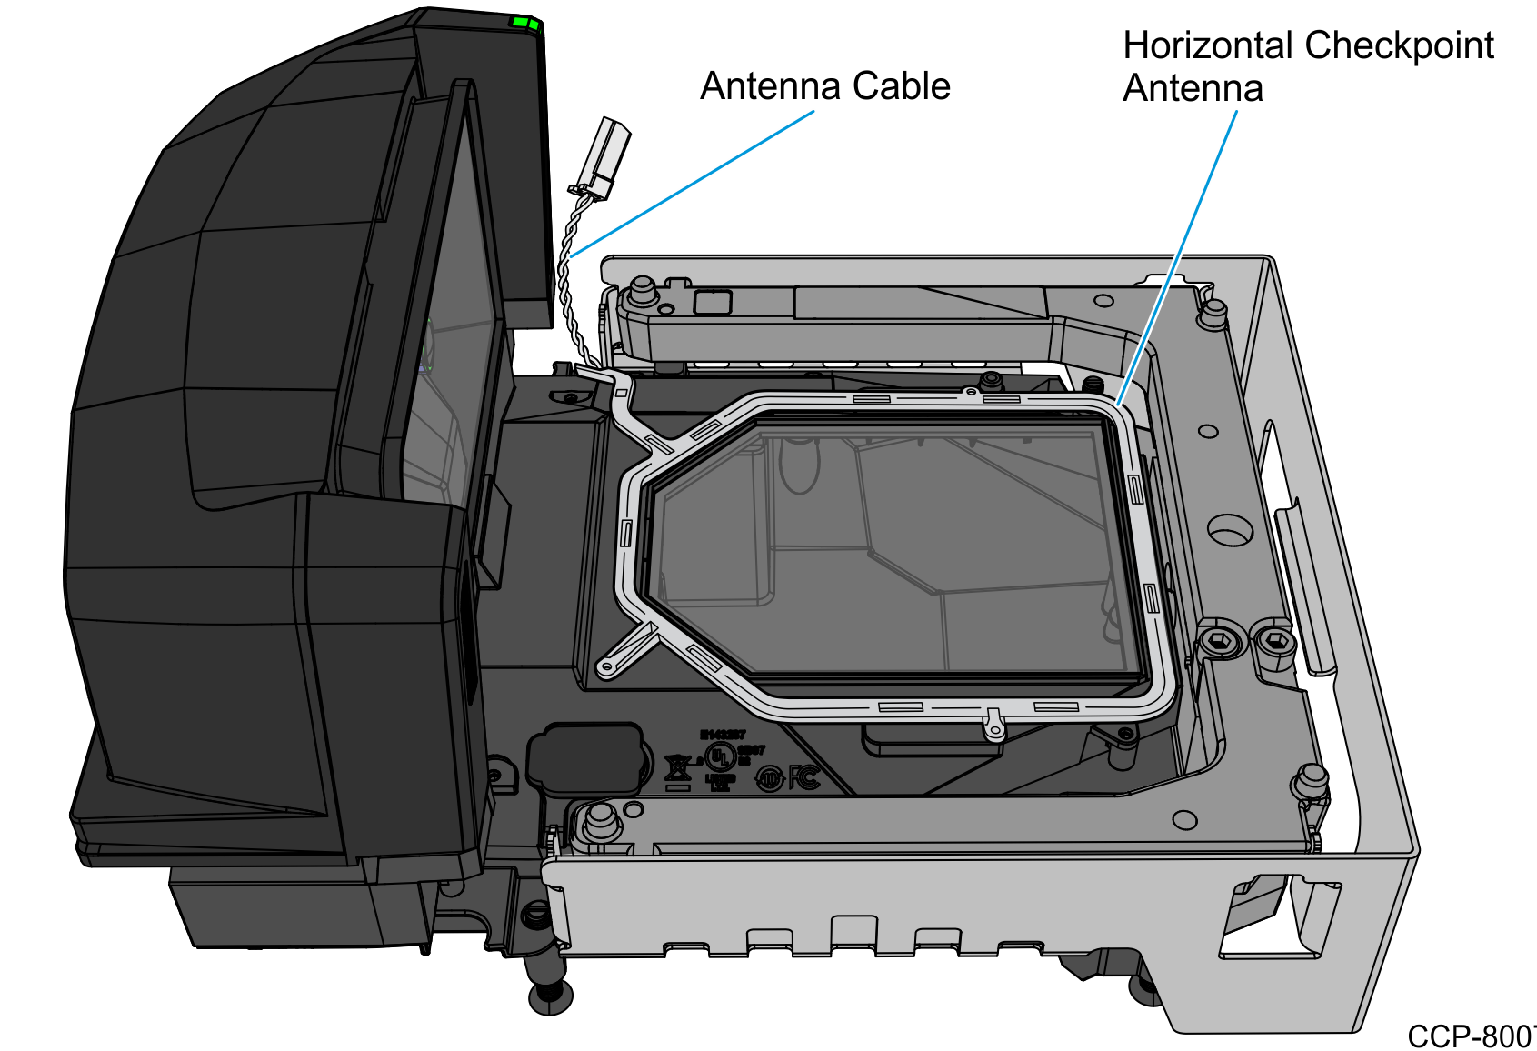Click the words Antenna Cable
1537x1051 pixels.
pos(824,86)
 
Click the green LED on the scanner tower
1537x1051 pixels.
pos(524,23)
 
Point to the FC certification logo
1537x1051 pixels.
pos(804,777)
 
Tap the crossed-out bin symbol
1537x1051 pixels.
pos(677,769)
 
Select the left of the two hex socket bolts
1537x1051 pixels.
pos(1218,642)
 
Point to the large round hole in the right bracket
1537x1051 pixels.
pos(1229,529)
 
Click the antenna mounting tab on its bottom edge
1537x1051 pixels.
pos(993,724)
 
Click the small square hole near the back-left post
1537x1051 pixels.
pos(712,302)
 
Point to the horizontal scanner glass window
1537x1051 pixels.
pos(891,546)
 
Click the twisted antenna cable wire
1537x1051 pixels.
pos(568,264)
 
